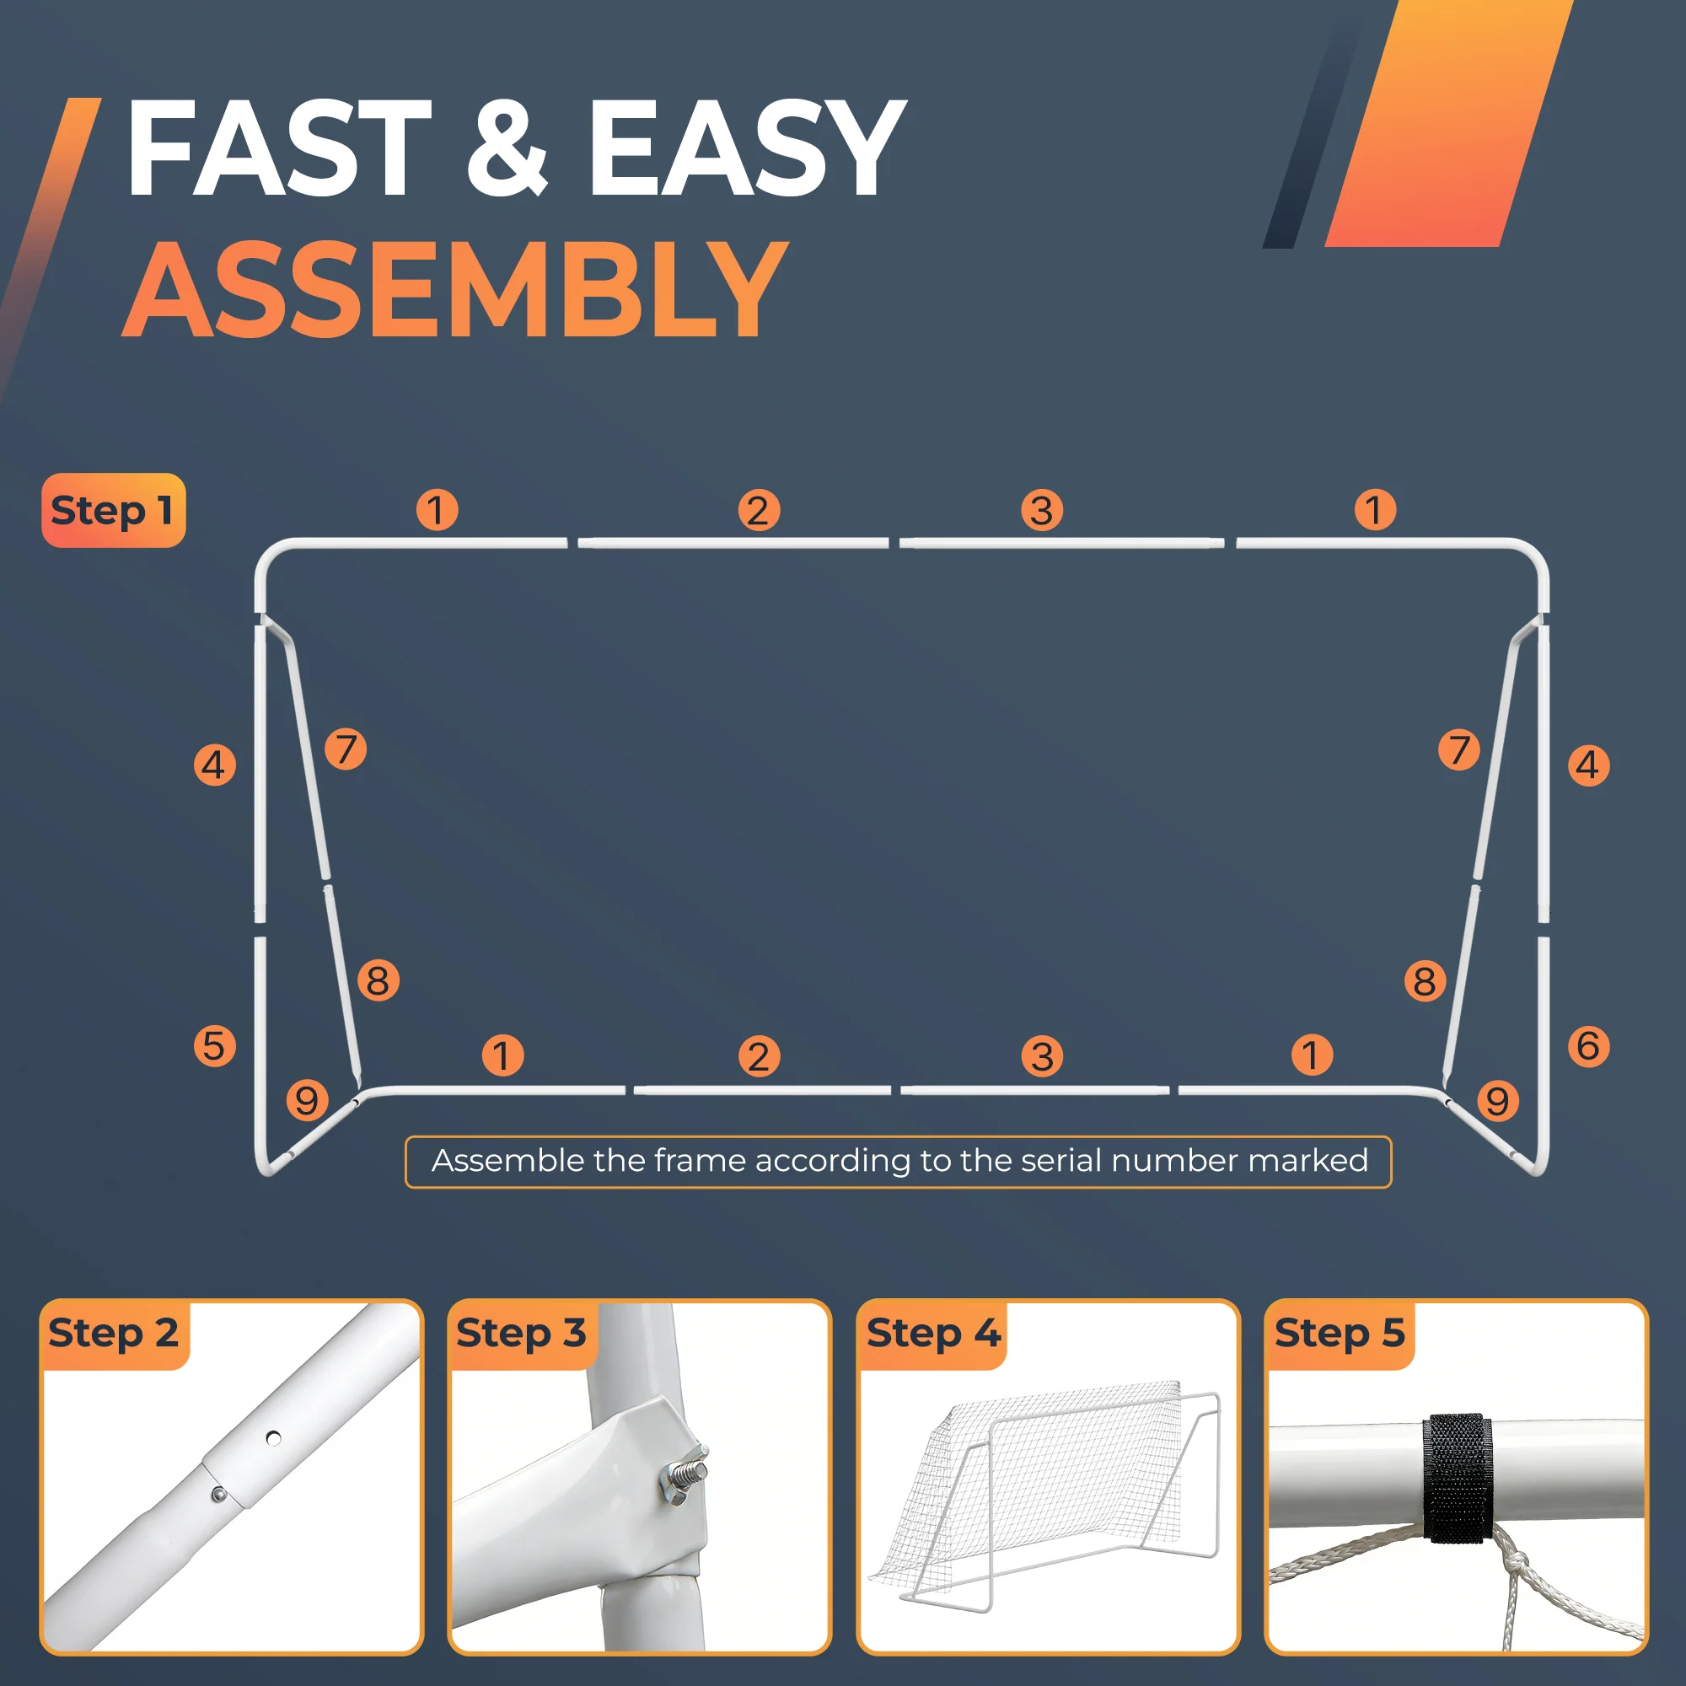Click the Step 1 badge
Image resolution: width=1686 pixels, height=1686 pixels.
[x=114, y=511]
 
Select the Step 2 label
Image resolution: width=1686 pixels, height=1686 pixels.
[x=114, y=1333]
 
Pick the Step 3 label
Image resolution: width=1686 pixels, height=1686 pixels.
[x=521, y=1333]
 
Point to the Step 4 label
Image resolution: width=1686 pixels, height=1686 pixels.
[x=933, y=1333]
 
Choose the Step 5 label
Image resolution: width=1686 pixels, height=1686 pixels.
[x=1340, y=1333]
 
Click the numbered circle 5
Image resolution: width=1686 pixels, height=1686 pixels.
[x=215, y=1045]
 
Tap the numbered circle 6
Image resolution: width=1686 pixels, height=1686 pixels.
[x=1588, y=1045]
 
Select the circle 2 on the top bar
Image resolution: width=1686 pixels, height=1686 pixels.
[x=759, y=511]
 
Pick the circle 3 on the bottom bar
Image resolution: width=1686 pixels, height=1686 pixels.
[x=1042, y=1057]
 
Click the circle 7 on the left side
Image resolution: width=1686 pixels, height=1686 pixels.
[x=346, y=749]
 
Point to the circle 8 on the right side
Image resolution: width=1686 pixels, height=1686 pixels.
[x=1425, y=981]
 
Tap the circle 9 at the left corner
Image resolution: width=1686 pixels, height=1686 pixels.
[x=307, y=1100]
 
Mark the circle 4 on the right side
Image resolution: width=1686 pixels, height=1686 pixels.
[x=1588, y=765]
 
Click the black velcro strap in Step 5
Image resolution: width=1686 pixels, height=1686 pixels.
[x=1457, y=1479]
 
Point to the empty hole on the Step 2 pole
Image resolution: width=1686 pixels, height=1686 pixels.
[x=273, y=1438]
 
